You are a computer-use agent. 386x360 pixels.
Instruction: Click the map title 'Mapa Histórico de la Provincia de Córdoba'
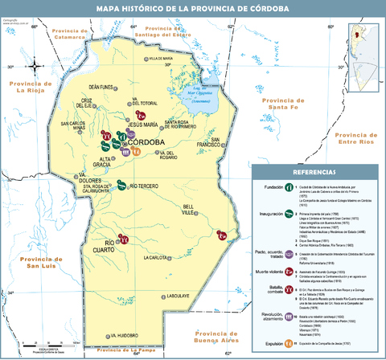coord(193,9)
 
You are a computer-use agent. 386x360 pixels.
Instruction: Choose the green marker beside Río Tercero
coord(120,184)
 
